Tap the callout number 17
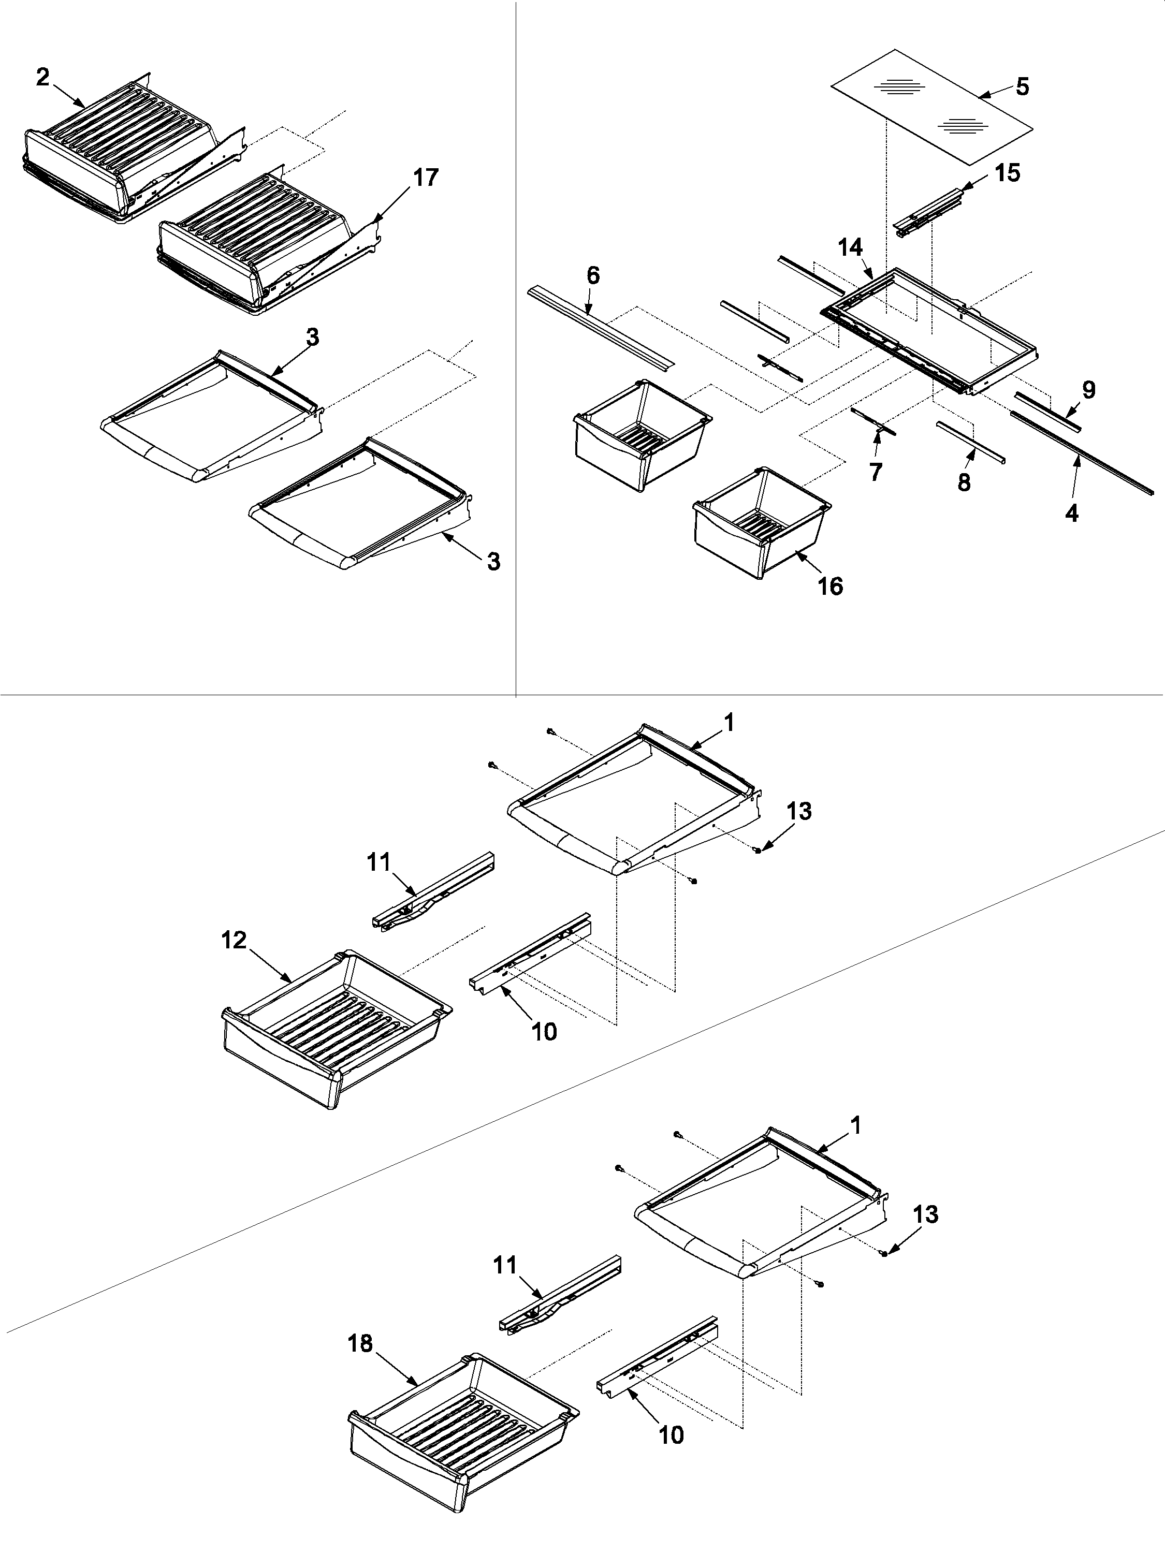pyautogui.click(x=425, y=178)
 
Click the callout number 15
pyautogui.click(x=1008, y=173)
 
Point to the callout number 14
pyautogui.click(x=850, y=247)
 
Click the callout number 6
pyautogui.click(x=593, y=275)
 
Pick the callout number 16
pyautogui.click(x=830, y=586)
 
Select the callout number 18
pyautogui.click(x=361, y=1343)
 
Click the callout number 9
pyautogui.click(x=1088, y=390)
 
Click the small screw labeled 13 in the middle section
pyautogui.click(x=758, y=850)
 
